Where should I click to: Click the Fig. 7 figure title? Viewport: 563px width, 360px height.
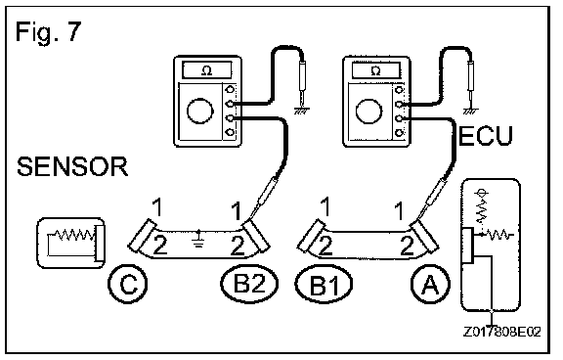pyautogui.click(x=49, y=32)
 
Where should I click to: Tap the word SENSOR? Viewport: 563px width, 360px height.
pyautogui.click(x=72, y=166)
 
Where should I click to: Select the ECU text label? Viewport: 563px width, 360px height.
pyautogui.click(x=486, y=136)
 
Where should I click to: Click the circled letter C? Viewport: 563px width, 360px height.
pyautogui.click(x=128, y=284)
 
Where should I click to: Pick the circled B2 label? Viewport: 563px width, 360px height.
pyautogui.click(x=249, y=284)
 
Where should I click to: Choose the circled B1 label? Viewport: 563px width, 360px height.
pyautogui.click(x=324, y=285)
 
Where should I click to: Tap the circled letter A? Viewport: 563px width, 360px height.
pyautogui.click(x=430, y=284)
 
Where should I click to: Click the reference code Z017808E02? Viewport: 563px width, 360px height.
pyautogui.click(x=502, y=332)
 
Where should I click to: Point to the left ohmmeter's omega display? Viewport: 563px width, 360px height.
pyautogui.click(x=207, y=70)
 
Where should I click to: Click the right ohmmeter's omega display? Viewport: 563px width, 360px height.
pyautogui.click(x=376, y=70)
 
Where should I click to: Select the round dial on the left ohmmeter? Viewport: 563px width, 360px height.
pyautogui.click(x=200, y=111)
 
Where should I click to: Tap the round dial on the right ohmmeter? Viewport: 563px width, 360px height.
pyautogui.click(x=368, y=111)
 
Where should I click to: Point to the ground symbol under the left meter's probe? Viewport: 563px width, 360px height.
pyautogui.click(x=301, y=110)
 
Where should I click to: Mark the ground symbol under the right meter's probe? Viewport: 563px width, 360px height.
pyautogui.click(x=470, y=110)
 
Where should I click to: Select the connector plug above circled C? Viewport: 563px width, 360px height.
pyautogui.click(x=142, y=236)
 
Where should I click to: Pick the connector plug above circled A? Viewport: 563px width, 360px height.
pyautogui.click(x=425, y=236)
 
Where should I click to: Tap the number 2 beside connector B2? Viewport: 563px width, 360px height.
pyautogui.click(x=238, y=247)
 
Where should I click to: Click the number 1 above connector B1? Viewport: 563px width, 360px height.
pyautogui.click(x=325, y=206)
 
